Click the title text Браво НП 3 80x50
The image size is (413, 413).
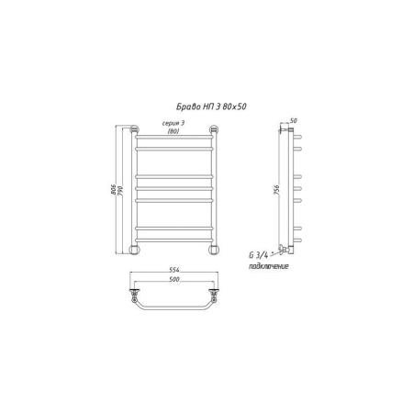pos(211,106)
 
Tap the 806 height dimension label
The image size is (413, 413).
pos(113,190)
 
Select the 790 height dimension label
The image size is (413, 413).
pos(120,190)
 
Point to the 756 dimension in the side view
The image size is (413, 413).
pos(276,190)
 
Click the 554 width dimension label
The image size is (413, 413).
pos(174,270)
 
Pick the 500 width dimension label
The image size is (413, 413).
pos(173,279)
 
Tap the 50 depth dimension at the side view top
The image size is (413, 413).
pos(293,121)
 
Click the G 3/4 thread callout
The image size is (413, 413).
pos(259,255)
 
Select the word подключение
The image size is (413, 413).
pos(269,266)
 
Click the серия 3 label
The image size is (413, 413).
pos(173,123)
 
